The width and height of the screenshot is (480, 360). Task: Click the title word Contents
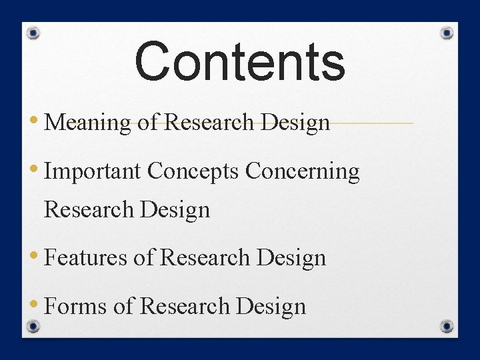[x=240, y=61]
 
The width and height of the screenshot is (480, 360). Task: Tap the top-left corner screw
[x=35, y=33]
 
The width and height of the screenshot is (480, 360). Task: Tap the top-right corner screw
[x=448, y=33]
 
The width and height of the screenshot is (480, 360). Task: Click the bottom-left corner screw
[x=35, y=326]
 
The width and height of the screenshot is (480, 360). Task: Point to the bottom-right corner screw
[x=448, y=326]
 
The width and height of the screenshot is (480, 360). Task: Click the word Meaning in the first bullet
[x=87, y=123]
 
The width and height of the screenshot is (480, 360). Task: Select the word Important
[x=93, y=171]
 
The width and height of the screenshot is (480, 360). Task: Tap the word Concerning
[x=303, y=171]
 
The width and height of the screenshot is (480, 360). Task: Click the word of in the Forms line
[x=124, y=306]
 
